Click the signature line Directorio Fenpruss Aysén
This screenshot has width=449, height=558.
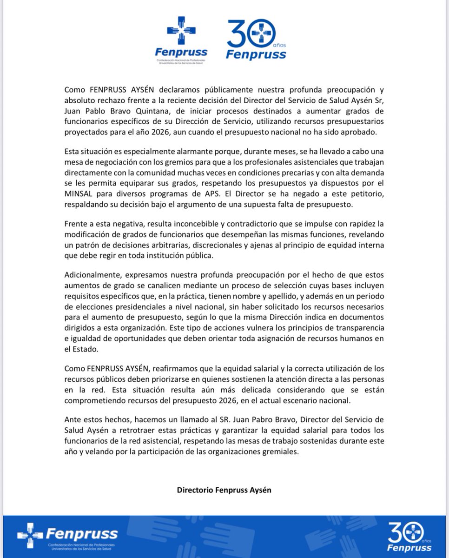point(224,490)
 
